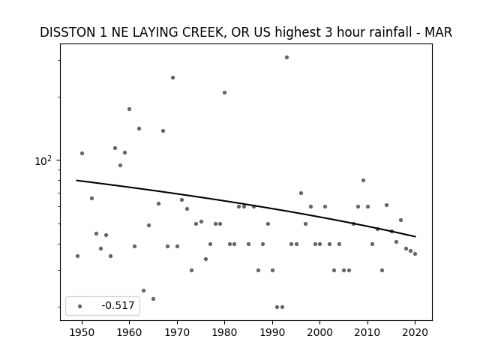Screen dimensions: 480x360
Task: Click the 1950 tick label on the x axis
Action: [x=82, y=332]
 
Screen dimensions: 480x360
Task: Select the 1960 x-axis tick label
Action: [x=129, y=332]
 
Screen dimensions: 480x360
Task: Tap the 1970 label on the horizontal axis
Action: [x=177, y=332]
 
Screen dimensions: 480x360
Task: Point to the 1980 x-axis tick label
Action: [x=224, y=332]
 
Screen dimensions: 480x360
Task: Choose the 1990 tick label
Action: [x=272, y=332]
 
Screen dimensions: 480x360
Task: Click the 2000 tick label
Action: [x=319, y=332]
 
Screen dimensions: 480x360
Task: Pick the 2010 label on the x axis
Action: [x=367, y=332]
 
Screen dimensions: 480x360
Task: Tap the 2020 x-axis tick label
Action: [x=415, y=332]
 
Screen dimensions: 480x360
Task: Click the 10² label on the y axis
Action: [x=43, y=160]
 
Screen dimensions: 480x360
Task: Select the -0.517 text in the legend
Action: [x=118, y=305]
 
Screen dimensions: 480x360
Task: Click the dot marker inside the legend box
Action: [x=79, y=306]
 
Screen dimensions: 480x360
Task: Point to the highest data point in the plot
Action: [x=286, y=57]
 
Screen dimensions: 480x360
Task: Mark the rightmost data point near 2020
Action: [x=415, y=253]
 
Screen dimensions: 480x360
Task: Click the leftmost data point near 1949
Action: [x=77, y=256]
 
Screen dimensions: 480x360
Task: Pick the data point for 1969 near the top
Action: [x=172, y=77]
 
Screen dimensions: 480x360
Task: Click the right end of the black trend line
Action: [x=415, y=237]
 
